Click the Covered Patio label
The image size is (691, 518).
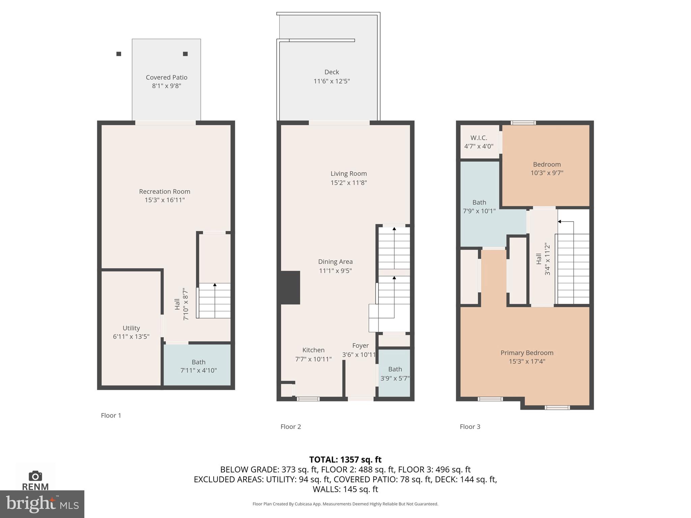click(x=166, y=77)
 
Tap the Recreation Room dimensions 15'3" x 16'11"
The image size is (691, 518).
click(x=165, y=200)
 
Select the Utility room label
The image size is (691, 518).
click(x=131, y=328)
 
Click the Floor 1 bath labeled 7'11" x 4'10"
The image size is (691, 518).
click(x=198, y=366)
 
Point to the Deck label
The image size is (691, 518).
click(x=331, y=72)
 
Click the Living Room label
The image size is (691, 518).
click(x=349, y=173)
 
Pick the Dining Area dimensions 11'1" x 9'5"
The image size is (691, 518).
click(x=335, y=270)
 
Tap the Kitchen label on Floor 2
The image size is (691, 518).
click(x=313, y=350)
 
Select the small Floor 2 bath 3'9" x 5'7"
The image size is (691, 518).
click(x=395, y=374)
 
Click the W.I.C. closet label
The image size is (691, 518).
click(x=479, y=138)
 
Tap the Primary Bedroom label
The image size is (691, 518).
click(x=527, y=353)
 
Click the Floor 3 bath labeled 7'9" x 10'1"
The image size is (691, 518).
click(x=479, y=206)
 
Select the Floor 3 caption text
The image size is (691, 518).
click(x=470, y=427)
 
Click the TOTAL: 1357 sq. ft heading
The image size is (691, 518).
click(x=345, y=459)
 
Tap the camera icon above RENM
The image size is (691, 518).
click(x=35, y=476)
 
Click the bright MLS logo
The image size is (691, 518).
click(x=42, y=504)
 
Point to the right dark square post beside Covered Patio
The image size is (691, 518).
click(x=185, y=54)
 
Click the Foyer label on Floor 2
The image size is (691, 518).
click(x=360, y=346)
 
